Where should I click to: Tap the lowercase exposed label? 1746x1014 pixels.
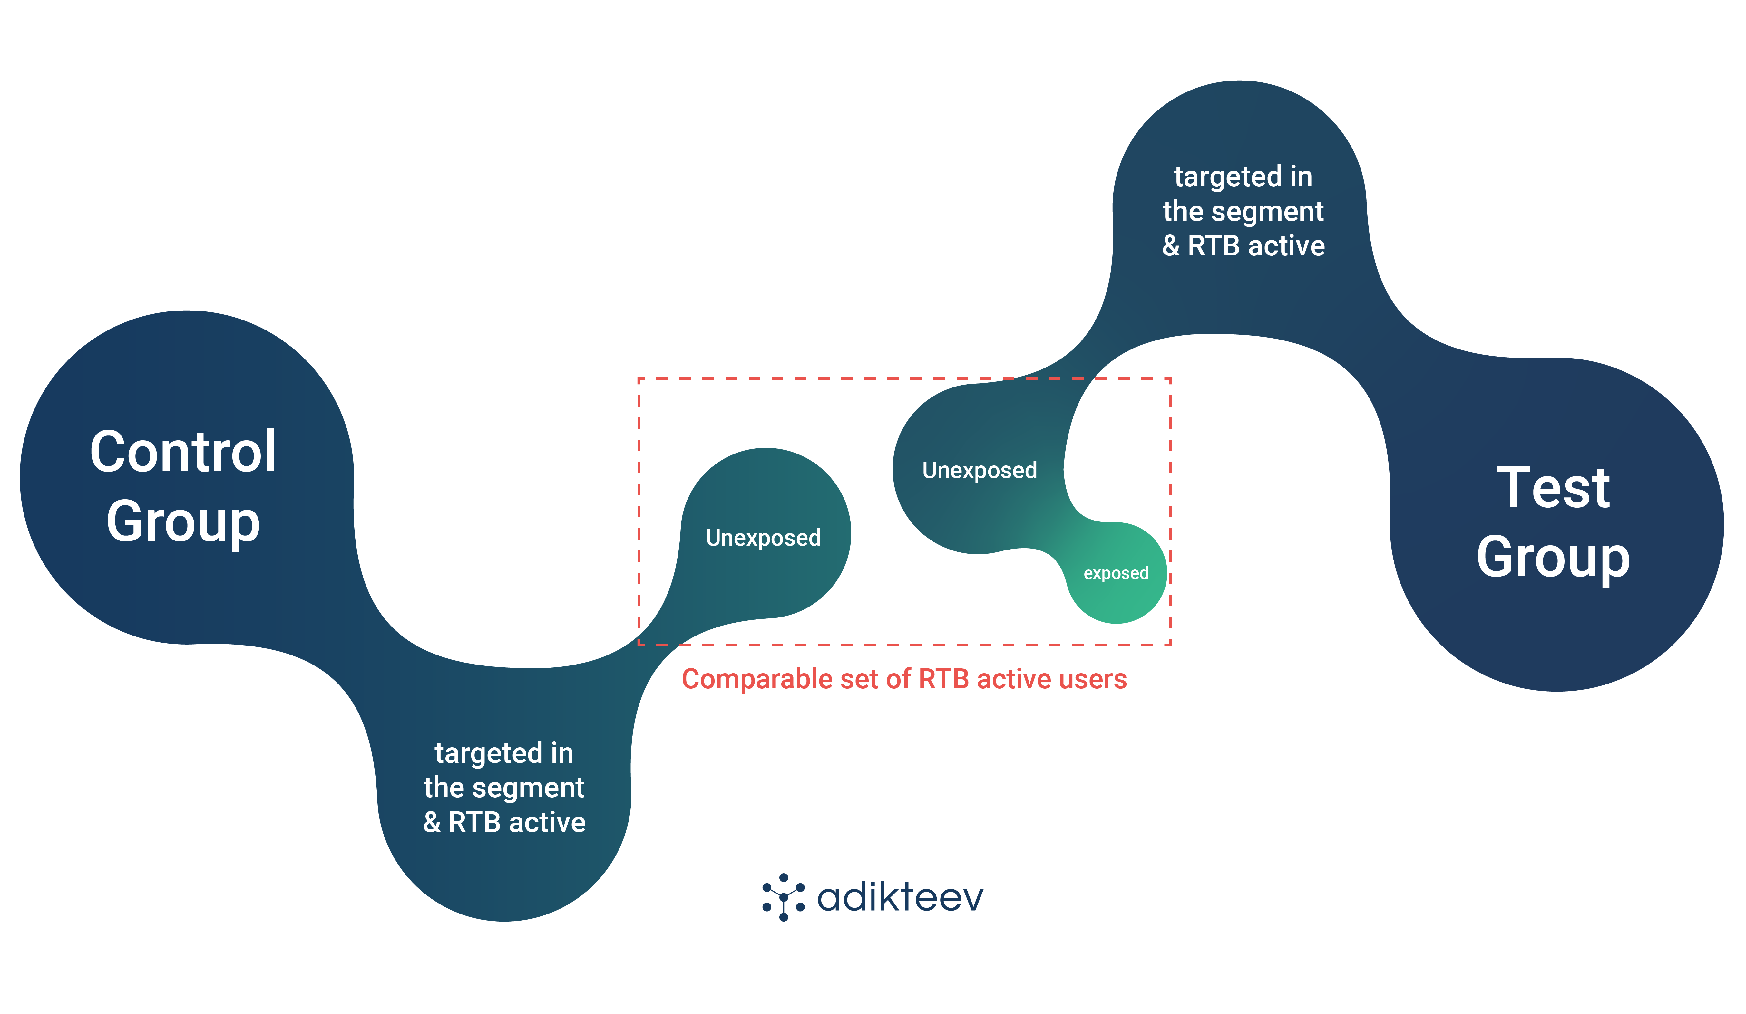[x=1116, y=573]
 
